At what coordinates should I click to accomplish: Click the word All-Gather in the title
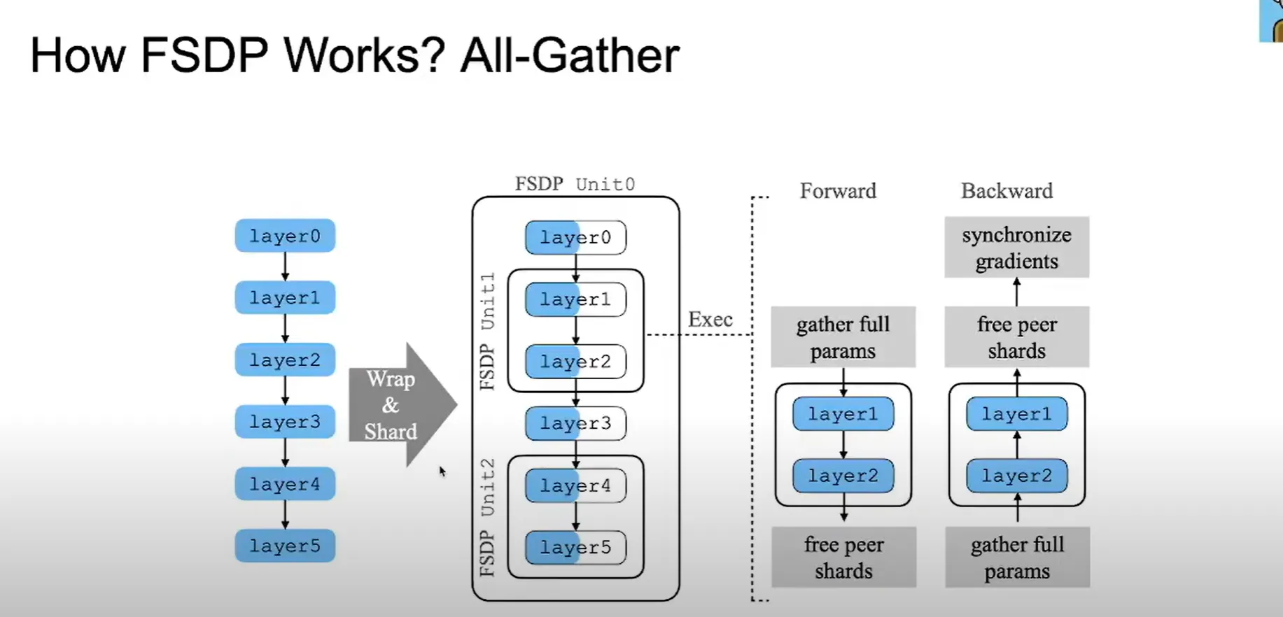570,55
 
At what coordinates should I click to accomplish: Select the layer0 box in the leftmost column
285,236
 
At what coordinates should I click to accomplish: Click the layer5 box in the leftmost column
285,546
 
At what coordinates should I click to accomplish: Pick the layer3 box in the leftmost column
285,422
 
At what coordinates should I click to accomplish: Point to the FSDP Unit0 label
575,184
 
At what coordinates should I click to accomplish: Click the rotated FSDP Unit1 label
487,331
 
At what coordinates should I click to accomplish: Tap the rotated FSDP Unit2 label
487,517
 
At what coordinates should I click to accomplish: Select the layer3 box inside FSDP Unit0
575,423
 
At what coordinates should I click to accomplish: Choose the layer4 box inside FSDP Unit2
575,485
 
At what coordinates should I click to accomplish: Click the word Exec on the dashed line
710,320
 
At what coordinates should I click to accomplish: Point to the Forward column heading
838,191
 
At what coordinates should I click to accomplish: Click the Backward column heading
1007,191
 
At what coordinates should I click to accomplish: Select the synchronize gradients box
1016,248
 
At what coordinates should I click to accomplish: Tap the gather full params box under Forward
843,337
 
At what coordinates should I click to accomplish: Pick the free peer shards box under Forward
843,558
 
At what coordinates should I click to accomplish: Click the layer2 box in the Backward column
1016,476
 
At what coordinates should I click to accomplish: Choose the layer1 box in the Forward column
843,414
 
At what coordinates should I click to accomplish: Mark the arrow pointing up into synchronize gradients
1016,291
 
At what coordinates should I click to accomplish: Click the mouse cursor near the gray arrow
442,471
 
